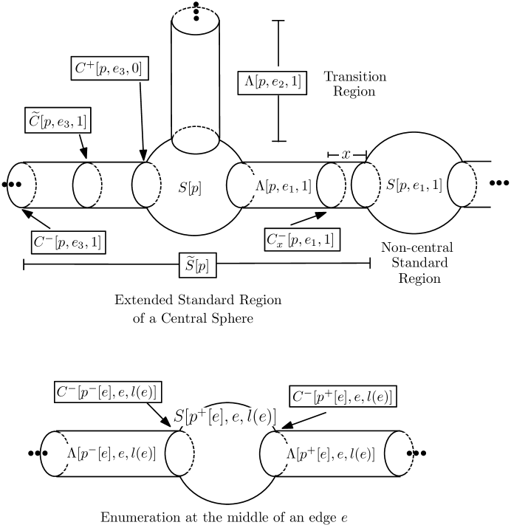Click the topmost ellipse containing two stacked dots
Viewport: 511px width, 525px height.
point(196,21)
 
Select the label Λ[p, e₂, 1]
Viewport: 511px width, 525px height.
point(272,83)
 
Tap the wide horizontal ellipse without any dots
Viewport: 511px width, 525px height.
point(196,140)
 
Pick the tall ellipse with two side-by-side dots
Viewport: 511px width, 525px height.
point(21,185)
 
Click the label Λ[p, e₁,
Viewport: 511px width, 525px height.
point(276,187)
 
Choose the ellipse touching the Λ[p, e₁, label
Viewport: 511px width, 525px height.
point(241,185)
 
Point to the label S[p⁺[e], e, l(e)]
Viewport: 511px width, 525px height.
point(230,416)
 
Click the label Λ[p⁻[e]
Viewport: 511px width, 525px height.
point(89,453)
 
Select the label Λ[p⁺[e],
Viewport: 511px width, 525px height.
point(309,453)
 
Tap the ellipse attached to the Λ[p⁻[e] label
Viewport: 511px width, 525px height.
point(55,453)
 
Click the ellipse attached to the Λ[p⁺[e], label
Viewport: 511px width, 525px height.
point(273,453)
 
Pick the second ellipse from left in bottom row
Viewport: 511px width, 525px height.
point(179,453)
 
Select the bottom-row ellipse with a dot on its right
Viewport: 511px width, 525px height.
point(399,453)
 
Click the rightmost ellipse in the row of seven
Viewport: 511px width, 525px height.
point(462,185)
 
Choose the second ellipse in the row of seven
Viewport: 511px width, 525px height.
point(87,185)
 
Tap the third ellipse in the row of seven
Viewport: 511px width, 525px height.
point(146,185)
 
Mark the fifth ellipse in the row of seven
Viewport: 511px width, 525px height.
point(332,185)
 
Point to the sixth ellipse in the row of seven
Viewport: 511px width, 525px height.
point(366,185)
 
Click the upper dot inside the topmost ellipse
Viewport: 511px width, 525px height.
point(196,12)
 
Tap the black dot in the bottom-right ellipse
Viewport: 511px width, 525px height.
point(409,453)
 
